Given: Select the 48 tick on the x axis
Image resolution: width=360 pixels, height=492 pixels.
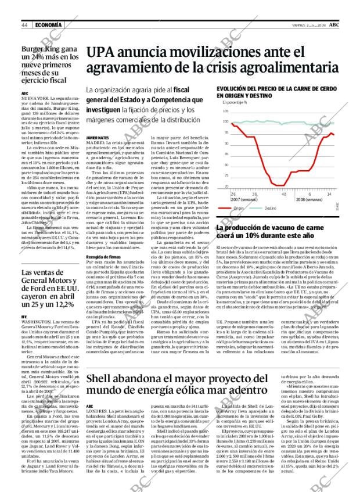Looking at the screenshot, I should [284, 194].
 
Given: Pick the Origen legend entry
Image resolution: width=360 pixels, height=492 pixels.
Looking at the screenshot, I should [242, 208].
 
